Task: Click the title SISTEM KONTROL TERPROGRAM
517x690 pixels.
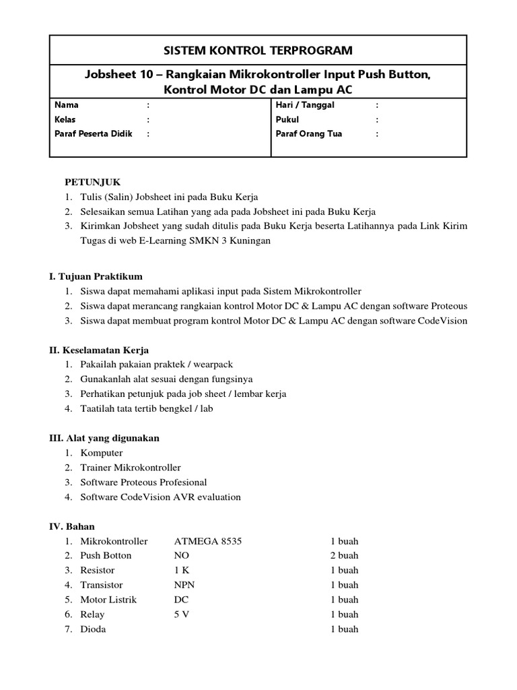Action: pos(258,51)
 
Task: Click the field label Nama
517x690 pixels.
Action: pos(66,105)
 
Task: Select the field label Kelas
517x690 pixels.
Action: pos(65,119)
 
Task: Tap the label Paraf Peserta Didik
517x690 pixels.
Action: pos(94,133)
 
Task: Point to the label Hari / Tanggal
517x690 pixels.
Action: pos(305,105)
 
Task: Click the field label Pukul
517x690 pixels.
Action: pos(287,119)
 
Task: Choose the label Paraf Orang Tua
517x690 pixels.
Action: pos(309,133)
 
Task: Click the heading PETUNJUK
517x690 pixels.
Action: pos(92,182)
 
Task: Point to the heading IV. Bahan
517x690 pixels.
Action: pos(72,526)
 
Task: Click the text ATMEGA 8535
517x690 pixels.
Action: pos(207,541)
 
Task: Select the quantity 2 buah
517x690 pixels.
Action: pos(344,556)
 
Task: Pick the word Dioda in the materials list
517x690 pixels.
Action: pos(93,629)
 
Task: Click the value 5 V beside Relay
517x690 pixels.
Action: pos(182,615)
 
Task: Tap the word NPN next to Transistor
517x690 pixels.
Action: pos(184,585)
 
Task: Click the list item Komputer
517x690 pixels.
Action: pos(102,453)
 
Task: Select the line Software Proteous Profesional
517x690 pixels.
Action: pos(143,482)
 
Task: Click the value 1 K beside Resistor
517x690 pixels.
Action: pos(181,570)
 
